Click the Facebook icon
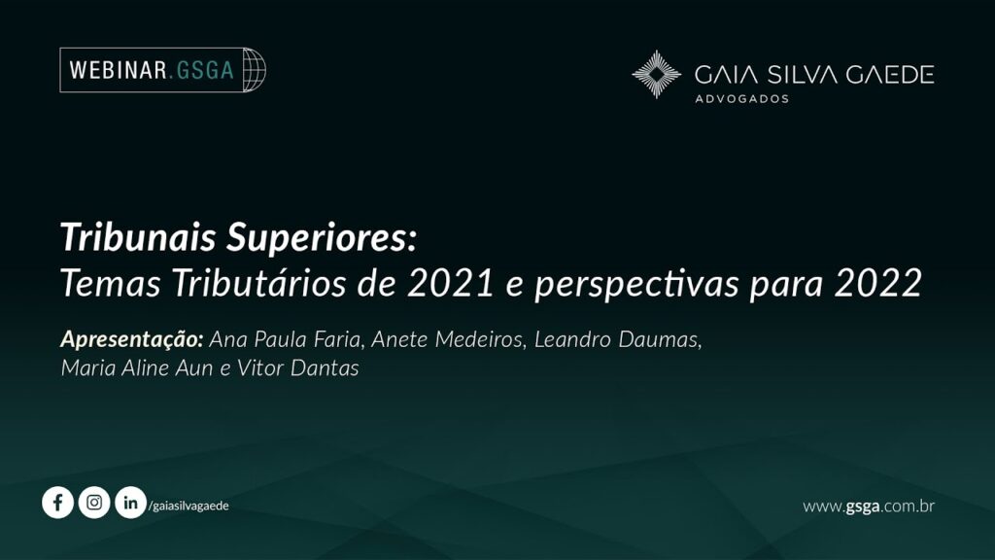click(57, 503)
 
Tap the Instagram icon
click(94, 503)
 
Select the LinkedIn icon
click(131, 503)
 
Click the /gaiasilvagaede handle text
click(189, 506)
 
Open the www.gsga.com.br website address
click(869, 506)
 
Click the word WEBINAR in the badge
click(118, 70)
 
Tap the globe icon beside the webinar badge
click(255, 70)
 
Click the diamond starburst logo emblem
click(657, 74)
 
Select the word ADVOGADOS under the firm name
click(741, 99)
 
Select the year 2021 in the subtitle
click(451, 283)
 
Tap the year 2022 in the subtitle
click(878, 283)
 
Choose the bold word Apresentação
click(131, 339)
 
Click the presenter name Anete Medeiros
click(447, 339)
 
